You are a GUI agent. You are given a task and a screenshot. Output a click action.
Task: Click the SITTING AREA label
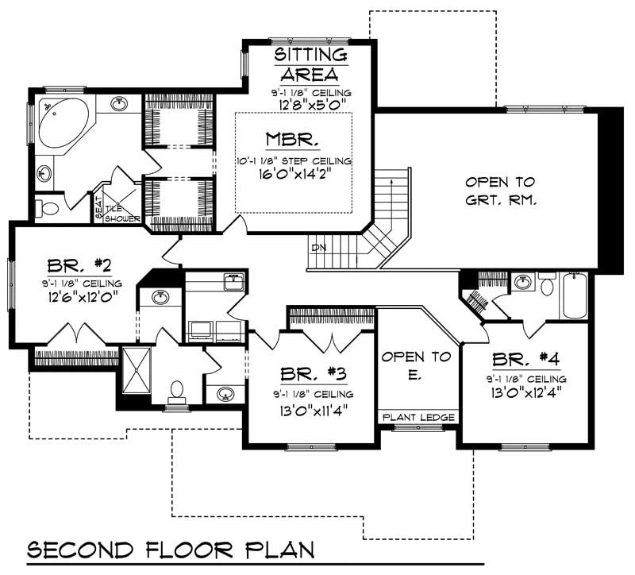(310, 64)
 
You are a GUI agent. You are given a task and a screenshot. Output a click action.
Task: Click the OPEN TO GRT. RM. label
(500, 191)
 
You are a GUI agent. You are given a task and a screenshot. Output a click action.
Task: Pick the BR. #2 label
(72, 265)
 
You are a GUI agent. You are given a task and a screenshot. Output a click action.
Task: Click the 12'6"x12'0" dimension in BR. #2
(72, 299)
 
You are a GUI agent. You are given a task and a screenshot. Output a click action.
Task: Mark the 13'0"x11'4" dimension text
(312, 410)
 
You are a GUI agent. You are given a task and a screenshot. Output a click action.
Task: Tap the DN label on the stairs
(319, 248)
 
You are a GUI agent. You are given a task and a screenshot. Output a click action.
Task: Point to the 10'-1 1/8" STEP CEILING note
(294, 160)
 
